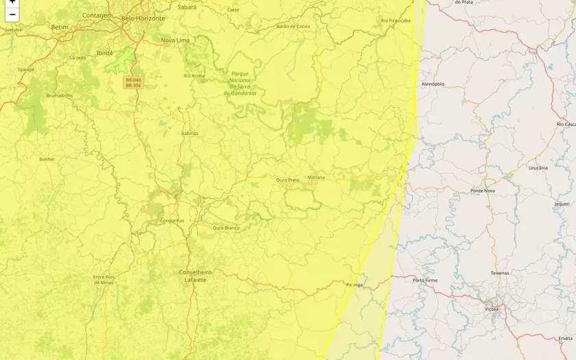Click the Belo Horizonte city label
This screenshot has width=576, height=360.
point(143,19)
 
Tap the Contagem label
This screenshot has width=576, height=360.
point(97,15)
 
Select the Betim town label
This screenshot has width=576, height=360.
point(60,27)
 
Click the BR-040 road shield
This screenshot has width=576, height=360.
point(133,80)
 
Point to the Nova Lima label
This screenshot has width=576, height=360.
point(175,40)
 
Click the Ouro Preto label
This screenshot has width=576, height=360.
point(287,180)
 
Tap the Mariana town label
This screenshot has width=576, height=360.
point(316,178)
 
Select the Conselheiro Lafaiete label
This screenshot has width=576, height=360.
point(195,276)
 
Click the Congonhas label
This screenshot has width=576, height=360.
point(171,221)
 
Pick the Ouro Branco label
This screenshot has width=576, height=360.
point(226,228)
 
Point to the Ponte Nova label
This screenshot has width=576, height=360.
point(483,191)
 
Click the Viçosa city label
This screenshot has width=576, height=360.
point(492,309)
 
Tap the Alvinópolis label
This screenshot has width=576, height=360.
point(433,84)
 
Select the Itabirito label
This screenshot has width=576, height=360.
point(189,133)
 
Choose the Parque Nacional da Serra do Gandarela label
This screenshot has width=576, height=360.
point(239,83)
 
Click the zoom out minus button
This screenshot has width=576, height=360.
point(12,14)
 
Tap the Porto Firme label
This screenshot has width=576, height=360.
point(425,280)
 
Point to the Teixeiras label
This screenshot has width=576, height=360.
point(500,273)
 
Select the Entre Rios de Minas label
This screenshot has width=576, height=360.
point(104,280)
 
